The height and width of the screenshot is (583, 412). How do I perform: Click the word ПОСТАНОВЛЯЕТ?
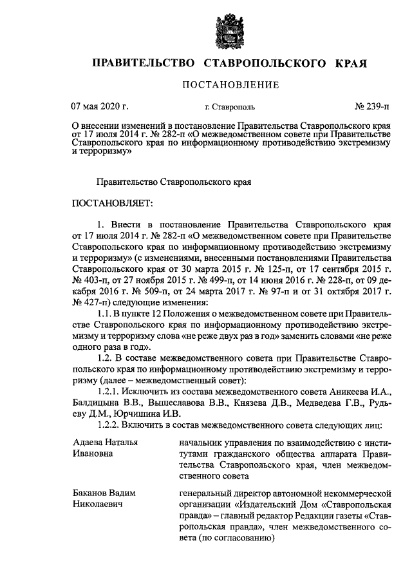point(113,204)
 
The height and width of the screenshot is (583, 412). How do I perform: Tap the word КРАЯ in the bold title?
point(351,64)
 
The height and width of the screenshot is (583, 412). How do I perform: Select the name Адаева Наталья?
point(106,443)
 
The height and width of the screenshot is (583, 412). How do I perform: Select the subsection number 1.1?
point(104,313)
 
